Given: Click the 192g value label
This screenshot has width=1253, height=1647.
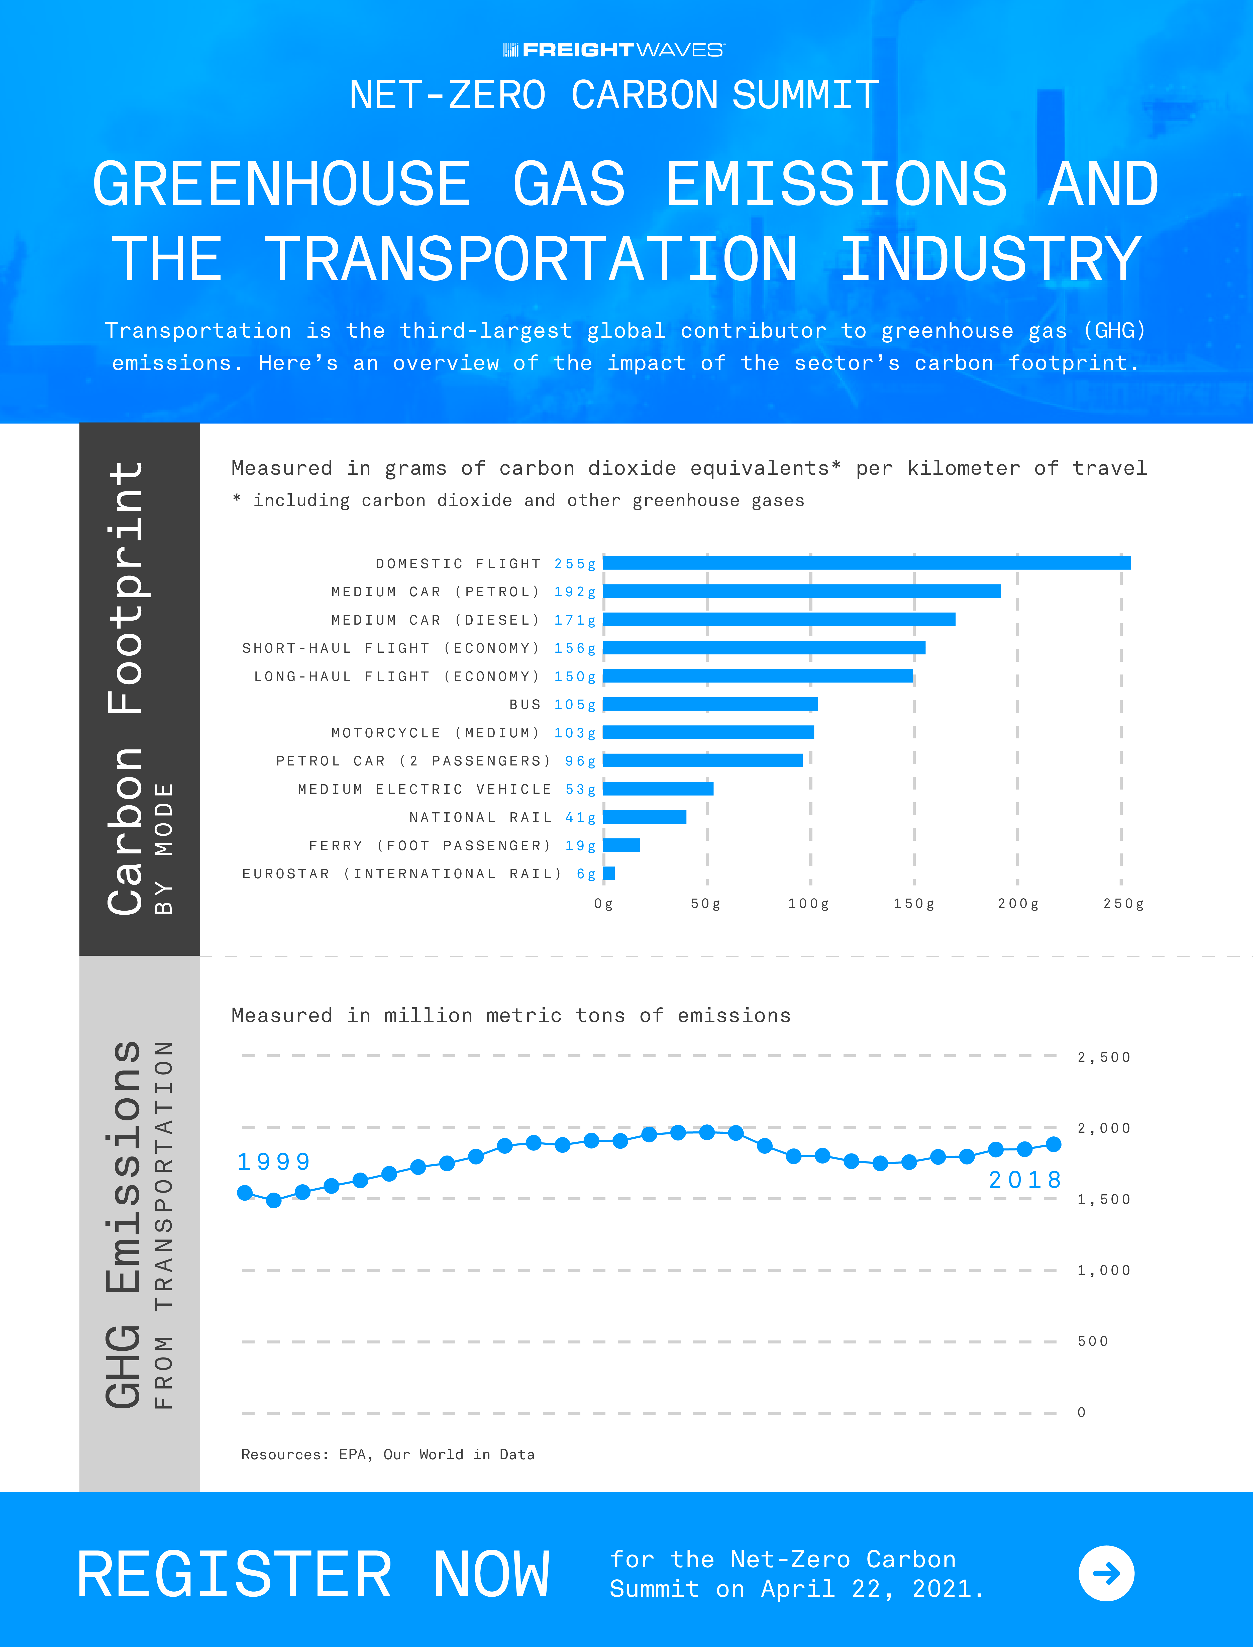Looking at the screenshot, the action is [574, 592].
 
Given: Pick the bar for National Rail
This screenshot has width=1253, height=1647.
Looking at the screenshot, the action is [644, 817].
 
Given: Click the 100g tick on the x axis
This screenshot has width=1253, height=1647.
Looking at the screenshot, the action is [808, 903].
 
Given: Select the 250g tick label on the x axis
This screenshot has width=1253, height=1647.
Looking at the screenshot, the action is [1123, 903].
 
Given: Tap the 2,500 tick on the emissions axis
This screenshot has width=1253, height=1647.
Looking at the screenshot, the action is [1104, 1057].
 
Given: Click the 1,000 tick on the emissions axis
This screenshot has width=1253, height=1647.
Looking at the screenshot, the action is [1104, 1270].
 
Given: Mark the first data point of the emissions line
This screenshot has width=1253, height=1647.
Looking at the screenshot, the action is [245, 1193].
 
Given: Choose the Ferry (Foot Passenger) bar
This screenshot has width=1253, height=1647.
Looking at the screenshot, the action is [621, 845].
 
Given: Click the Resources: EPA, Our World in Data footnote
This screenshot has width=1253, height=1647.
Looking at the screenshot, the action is [388, 1455].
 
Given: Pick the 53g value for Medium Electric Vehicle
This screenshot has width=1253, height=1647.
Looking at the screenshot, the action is [580, 789].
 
